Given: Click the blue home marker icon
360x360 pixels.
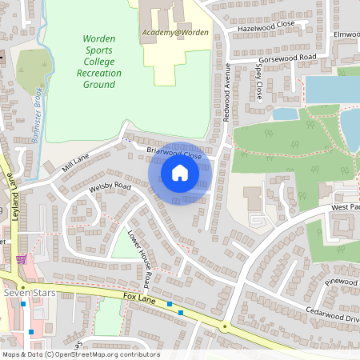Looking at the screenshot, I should (x=180, y=173).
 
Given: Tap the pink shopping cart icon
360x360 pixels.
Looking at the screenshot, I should (x=21, y=259).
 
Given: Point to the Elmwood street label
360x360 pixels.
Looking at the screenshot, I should (x=347, y=35).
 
